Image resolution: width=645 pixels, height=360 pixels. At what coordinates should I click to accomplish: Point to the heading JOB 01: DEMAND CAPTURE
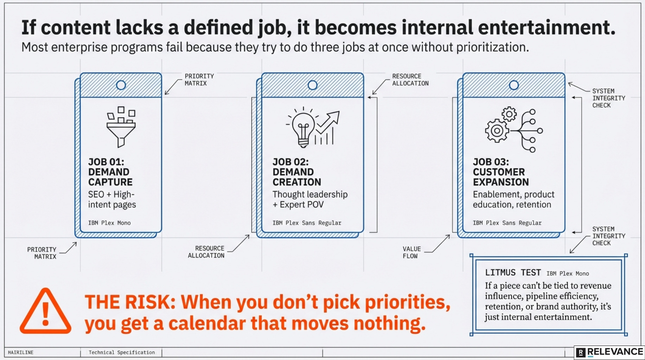pos(110,172)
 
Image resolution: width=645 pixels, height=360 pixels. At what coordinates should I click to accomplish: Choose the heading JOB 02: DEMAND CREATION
pos(296,172)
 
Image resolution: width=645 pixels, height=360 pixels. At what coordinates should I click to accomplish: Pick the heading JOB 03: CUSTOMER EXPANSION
pos(500,172)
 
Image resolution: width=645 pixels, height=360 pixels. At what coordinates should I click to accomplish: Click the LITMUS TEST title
pos(513,272)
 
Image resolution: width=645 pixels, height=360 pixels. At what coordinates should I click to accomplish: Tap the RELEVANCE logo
pos(610,352)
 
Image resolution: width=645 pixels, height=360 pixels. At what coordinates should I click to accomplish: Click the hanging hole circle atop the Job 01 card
pos(121,85)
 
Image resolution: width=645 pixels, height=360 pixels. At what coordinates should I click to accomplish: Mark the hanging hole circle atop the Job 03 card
pos(513,85)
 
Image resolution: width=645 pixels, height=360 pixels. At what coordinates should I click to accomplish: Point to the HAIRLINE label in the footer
pos(20,352)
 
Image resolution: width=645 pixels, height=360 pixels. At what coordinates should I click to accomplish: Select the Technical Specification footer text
pos(121,352)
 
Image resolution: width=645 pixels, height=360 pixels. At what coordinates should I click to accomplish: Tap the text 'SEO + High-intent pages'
pos(112,200)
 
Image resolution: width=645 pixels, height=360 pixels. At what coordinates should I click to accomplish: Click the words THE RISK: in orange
pos(130,302)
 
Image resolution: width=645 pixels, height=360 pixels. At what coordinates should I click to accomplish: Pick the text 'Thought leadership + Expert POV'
pos(309,200)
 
